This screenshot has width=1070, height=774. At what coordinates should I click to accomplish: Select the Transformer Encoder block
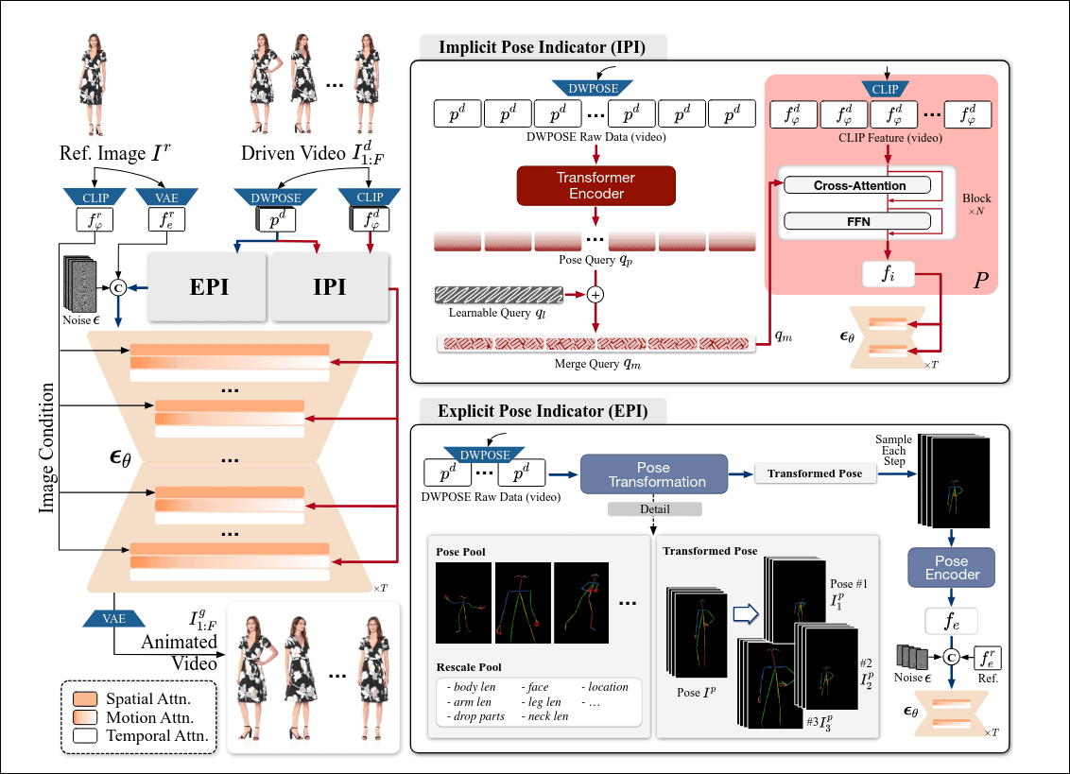tap(595, 185)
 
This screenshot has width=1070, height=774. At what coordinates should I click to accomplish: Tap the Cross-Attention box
tap(859, 186)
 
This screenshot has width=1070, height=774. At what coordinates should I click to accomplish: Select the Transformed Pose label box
tap(814, 473)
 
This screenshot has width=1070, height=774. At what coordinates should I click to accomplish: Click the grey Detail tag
tap(654, 509)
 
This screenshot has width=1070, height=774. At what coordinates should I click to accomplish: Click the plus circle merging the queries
tap(596, 294)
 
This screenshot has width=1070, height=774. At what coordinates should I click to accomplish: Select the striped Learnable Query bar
tap(491, 295)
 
